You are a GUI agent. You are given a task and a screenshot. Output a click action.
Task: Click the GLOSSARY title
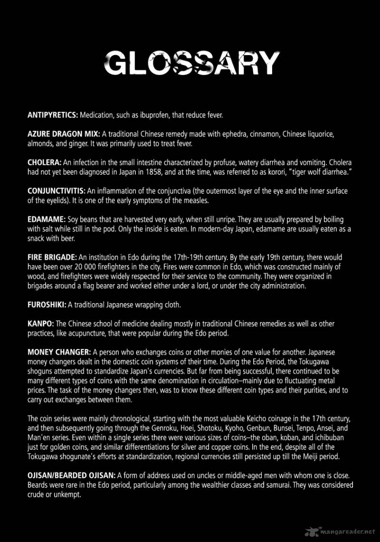191,63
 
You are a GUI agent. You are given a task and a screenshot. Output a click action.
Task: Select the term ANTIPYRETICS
53,115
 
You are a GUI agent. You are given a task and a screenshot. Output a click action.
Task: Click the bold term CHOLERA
42,162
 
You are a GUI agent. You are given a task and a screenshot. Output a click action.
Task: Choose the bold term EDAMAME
43,219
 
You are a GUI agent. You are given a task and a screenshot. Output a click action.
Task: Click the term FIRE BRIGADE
52,257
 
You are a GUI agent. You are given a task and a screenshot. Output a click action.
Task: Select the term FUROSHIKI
47,304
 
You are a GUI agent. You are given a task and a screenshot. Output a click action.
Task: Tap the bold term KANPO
40,323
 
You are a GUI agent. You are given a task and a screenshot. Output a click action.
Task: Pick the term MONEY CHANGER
59,352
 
